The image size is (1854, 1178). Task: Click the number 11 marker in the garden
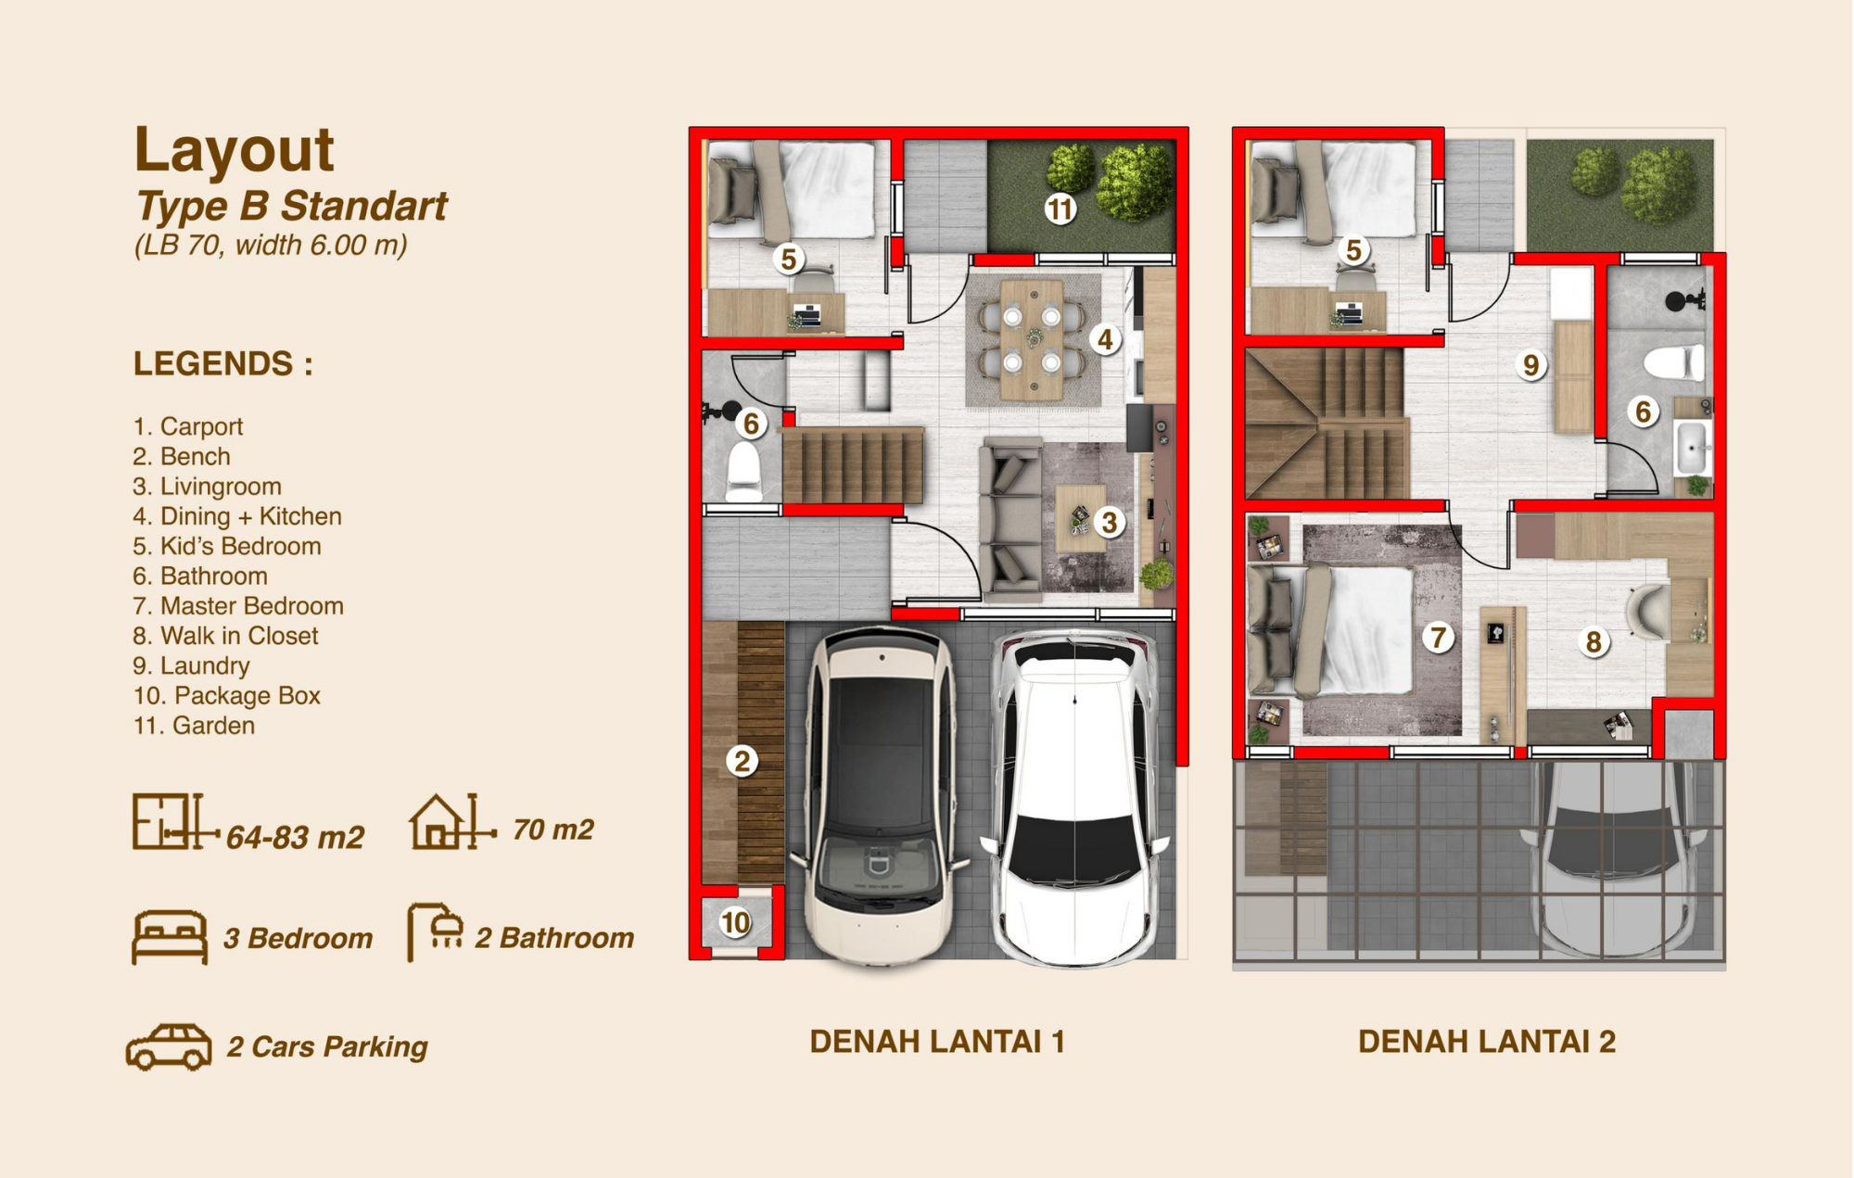[1060, 209]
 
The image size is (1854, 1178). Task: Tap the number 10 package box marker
[735, 922]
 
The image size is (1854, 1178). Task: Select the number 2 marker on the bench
[742, 761]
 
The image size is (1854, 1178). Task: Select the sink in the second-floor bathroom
[1693, 448]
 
